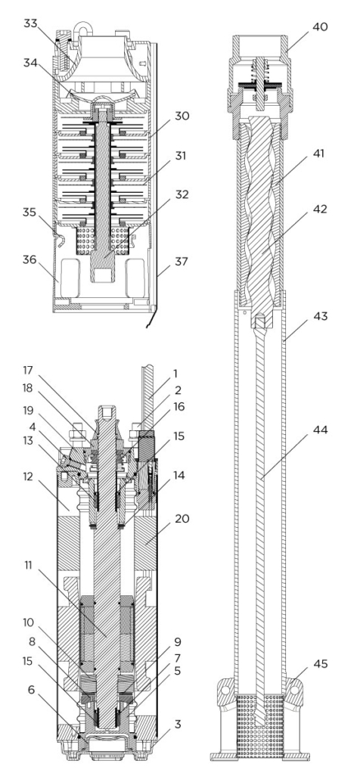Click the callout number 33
click(x=31, y=23)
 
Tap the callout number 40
click(x=320, y=26)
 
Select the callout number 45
click(x=321, y=664)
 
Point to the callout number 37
click(x=182, y=260)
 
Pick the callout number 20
click(x=182, y=519)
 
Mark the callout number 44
click(x=321, y=430)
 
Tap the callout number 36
click(x=31, y=260)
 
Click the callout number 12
click(x=31, y=476)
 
